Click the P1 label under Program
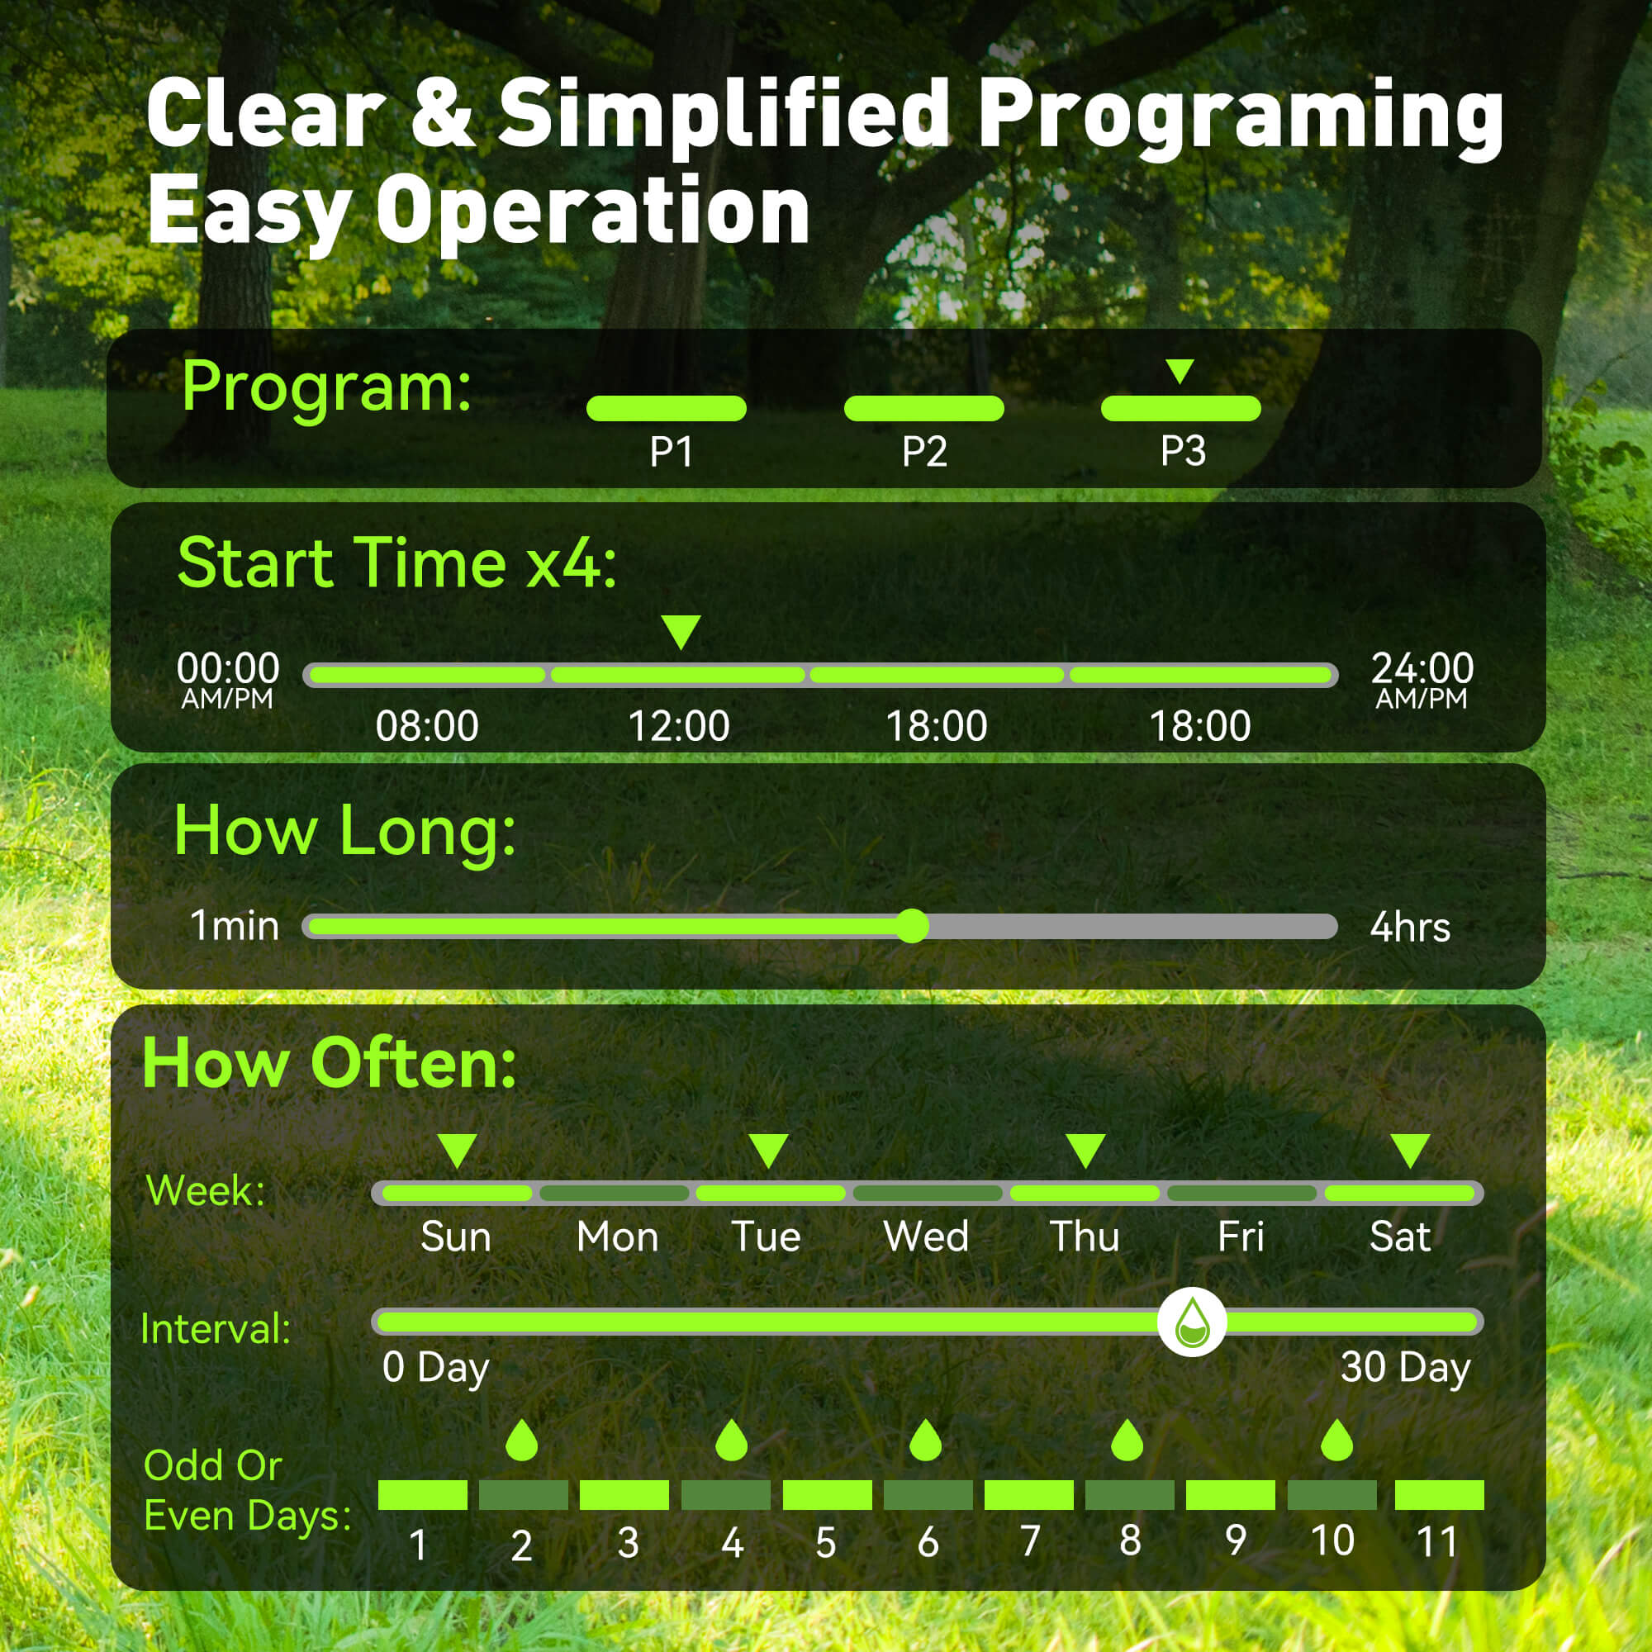pyautogui.click(x=671, y=452)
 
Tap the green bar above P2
pyautogui.click(x=923, y=409)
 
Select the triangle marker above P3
pyautogui.click(x=1180, y=371)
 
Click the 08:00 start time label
pyautogui.click(x=427, y=726)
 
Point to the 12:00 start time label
pyautogui.click(x=679, y=726)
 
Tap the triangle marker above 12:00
pyautogui.click(x=681, y=633)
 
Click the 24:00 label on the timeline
pyautogui.click(x=1423, y=667)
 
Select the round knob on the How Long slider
pyautogui.click(x=914, y=926)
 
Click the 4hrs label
pyautogui.click(x=1410, y=927)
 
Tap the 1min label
pyautogui.click(x=235, y=925)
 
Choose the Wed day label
pyautogui.click(x=926, y=1237)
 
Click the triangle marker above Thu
pyautogui.click(x=1086, y=1151)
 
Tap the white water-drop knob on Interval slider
pyautogui.click(x=1192, y=1322)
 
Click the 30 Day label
pyautogui.click(x=1406, y=1366)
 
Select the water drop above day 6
pyautogui.click(x=926, y=1441)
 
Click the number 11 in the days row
pyautogui.click(x=1436, y=1542)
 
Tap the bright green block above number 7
pyautogui.click(x=1028, y=1495)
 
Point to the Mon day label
pyautogui.click(x=617, y=1237)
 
